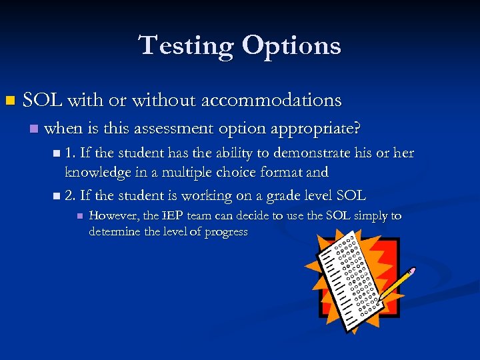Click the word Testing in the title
click(186, 45)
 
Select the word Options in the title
click(291, 47)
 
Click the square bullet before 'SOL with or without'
click(9, 101)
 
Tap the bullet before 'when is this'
click(33, 128)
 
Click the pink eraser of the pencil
click(411, 271)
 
